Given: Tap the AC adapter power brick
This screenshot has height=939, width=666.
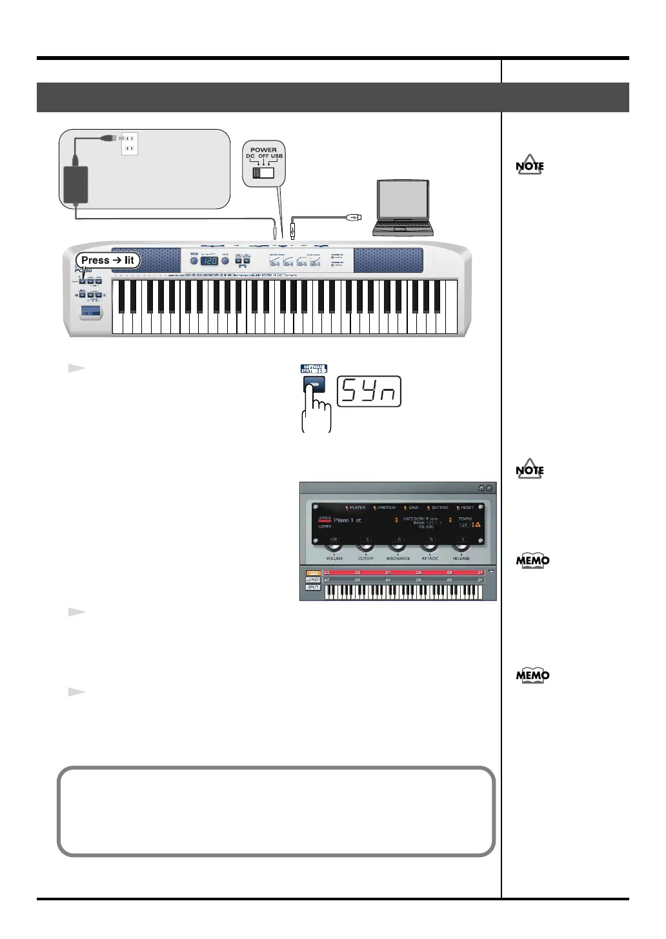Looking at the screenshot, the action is click(75, 184).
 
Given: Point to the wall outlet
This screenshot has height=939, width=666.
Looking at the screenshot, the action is click(130, 144).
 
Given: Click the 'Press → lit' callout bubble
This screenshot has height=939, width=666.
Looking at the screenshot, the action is click(108, 261).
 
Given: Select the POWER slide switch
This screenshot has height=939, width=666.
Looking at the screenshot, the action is click(263, 173).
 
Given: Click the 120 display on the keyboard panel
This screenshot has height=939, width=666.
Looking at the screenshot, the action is click(210, 261).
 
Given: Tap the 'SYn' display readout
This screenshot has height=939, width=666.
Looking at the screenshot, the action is click(370, 391).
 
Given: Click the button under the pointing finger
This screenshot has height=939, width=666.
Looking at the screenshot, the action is click(314, 386).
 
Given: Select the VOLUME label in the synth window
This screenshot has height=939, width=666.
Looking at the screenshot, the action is click(334, 558).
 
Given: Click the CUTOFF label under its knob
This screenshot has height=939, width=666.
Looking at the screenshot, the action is click(366, 558).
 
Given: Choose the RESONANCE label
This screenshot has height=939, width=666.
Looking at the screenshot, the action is click(398, 558).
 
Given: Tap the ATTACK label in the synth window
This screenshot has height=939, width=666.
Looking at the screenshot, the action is click(430, 558).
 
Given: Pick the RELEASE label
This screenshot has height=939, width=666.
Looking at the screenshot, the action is click(461, 558).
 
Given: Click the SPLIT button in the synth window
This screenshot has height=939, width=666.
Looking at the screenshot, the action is click(313, 588).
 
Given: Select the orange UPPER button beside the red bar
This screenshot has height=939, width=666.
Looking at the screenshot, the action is click(313, 573).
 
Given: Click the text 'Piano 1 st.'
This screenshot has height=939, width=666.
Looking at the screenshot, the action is click(348, 520).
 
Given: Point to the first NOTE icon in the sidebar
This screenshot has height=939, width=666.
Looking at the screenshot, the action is click(530, 165).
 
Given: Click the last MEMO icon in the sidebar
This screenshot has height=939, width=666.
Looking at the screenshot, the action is click(532, 675).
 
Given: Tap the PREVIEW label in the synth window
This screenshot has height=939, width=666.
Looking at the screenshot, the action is click(387, 508).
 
